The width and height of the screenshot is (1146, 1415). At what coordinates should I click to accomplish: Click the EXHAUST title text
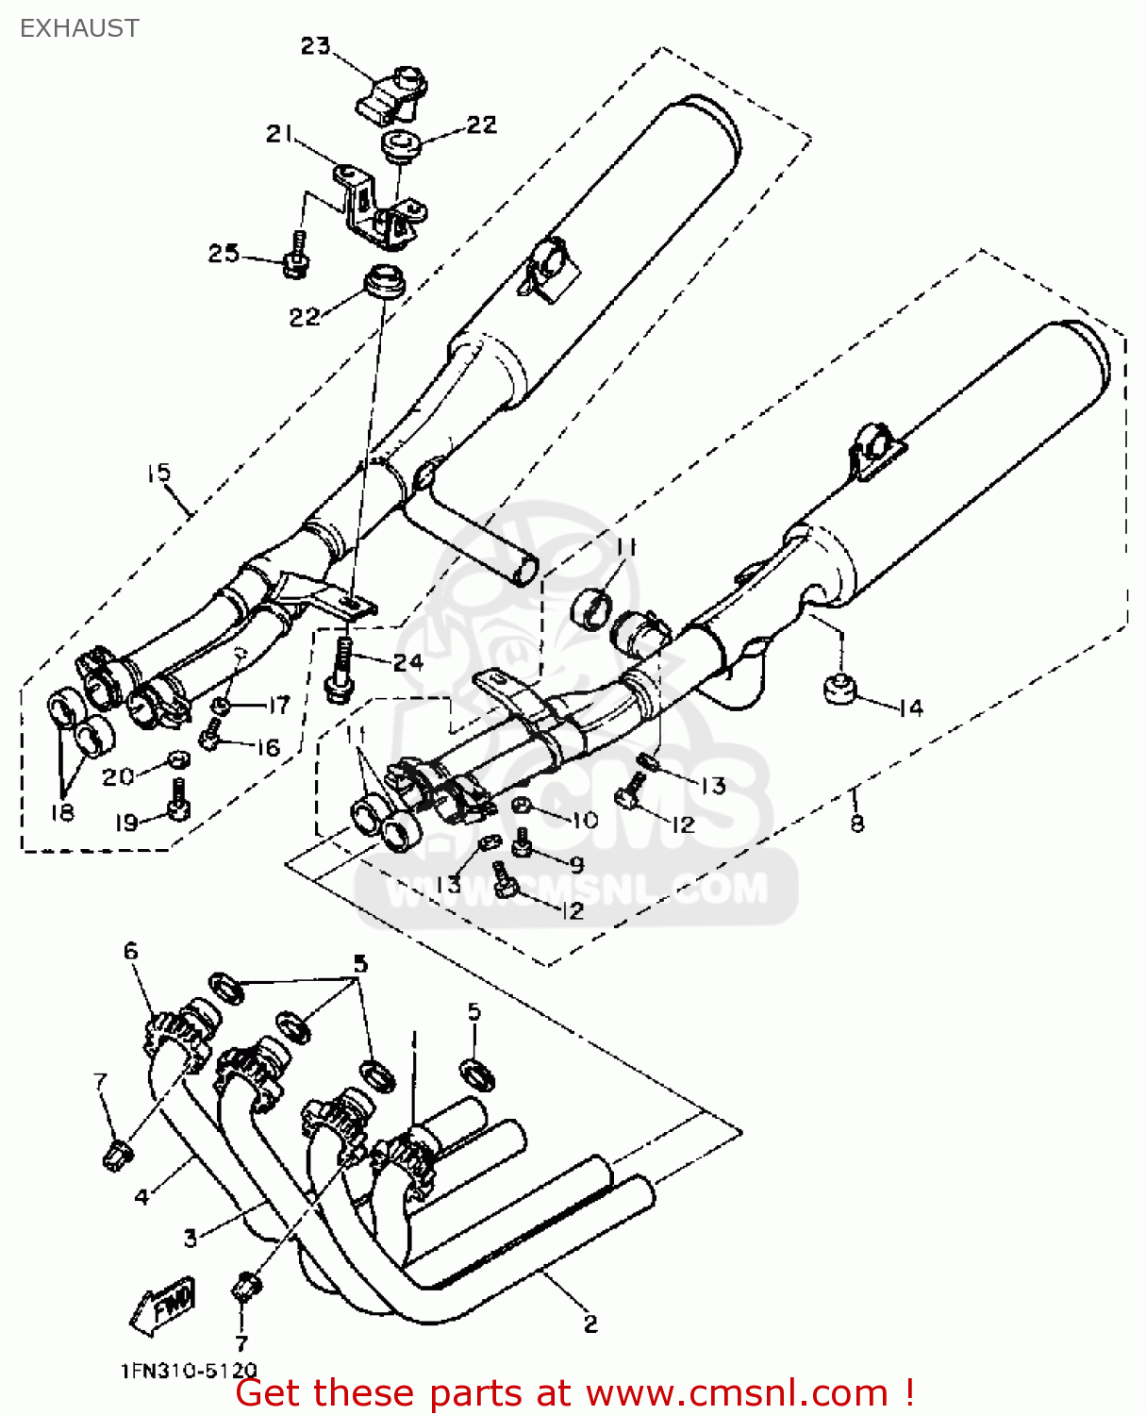pyautogui.click(x=79, y=28)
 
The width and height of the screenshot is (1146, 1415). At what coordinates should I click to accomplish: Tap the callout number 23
pyautogui.click(x=315, y=45)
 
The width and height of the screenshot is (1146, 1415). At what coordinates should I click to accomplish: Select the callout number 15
pyautogui.click(x=158, y=473)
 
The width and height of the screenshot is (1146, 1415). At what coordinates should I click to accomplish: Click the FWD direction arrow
pyautogui.click(x=162, y=1306)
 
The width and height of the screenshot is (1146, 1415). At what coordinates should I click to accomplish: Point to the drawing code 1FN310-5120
pyautogui.click(x=189, y=1371)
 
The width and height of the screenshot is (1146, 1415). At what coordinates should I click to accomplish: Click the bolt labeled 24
pyautogui.click(x=340, y=670)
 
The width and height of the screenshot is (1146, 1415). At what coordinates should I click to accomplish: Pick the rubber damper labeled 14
pyautogui.click(x=838, y=688)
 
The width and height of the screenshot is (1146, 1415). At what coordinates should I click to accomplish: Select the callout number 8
pyautogui.click(x=855, y=823)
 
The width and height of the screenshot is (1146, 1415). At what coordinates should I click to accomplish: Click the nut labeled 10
pyautogui.click(x=520, y=806)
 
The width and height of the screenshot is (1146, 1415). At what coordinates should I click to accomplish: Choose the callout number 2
pyautogui.click(x=590, y=1323)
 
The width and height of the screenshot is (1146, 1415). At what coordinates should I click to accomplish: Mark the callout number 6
pyautogui.click(x=131, y=950)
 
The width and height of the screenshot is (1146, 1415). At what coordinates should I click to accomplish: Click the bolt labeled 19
pyautogui.click(x=178, y=802)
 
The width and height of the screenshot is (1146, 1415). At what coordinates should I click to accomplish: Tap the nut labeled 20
pyautogui.click(x=175, y=759)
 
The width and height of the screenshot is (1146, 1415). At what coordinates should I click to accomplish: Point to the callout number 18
pyautogui.click(x=62, y=812)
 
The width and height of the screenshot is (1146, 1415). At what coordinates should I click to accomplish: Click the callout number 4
pyautogui.click(x=141, y=1196)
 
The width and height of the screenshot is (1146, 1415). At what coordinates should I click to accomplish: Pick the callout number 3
pyautogui.click(x=191, y=1237)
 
